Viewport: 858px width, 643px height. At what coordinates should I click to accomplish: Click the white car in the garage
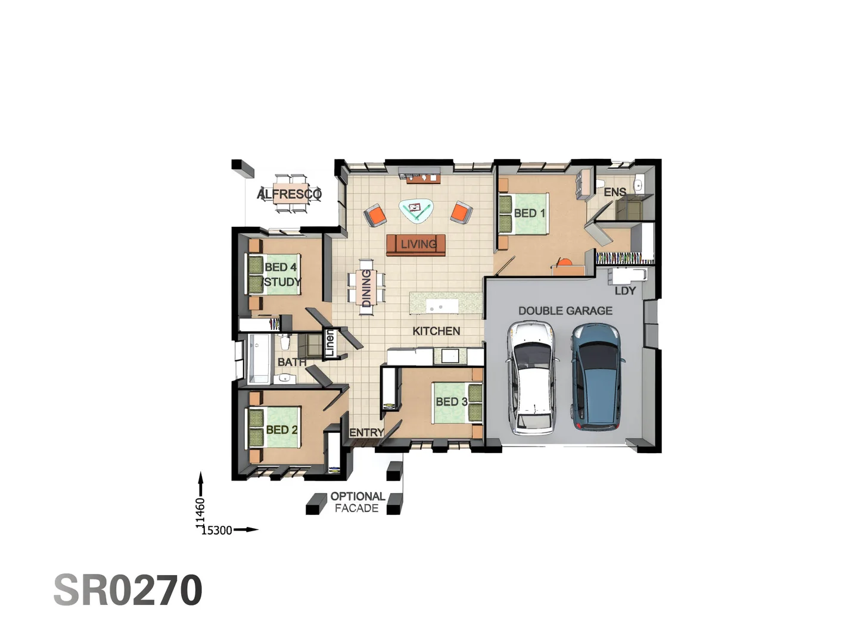(x=533, y=377)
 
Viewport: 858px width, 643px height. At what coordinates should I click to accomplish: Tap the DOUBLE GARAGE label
(x=565, y=311)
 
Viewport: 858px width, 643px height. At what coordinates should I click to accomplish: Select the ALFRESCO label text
(x=289, y=194)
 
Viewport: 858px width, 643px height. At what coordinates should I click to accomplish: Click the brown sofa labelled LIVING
(x=416, y=245)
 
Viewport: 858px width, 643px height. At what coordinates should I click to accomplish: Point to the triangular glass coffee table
(x=416, y=210)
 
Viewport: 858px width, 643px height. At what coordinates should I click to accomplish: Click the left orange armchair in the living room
(x=375, y=215)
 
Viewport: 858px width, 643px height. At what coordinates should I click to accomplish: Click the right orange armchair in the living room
(x=461, y=213)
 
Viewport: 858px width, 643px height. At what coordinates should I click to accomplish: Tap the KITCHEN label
(x=436, y=331)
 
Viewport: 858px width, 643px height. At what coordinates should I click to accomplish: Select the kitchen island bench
(x=446, y=304)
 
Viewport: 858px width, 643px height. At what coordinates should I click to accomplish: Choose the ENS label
(x=614, y=192)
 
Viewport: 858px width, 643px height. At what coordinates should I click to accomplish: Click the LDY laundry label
(x=625, y=291)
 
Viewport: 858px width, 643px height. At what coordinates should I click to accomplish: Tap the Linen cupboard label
(x=329, y=344)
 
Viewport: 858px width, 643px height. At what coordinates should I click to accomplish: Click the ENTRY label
(x=366, y=432)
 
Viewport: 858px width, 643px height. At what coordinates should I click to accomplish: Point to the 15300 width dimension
(x=216, y=530)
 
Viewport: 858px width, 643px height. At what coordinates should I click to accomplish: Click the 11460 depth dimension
(x=200, y=512)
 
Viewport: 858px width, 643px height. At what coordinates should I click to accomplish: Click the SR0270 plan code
(x=128, y=590)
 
